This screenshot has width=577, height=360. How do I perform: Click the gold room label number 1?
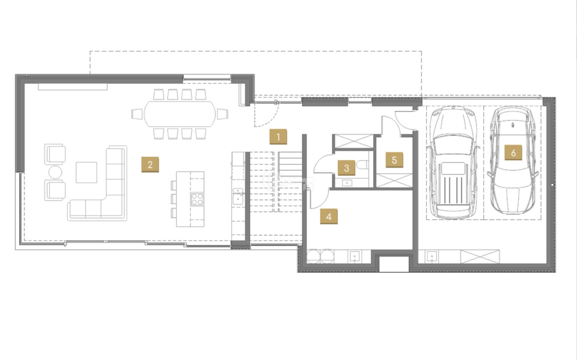pos(278,137)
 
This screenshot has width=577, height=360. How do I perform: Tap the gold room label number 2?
pos(150,164)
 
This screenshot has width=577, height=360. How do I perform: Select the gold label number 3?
pos(346,168)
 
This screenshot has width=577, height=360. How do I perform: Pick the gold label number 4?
pos(329,216)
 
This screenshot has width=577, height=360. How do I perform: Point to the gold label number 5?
pos(394,160)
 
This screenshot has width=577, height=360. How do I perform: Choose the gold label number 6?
pos(513,153)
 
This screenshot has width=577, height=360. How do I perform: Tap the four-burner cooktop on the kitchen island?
pos(197,199)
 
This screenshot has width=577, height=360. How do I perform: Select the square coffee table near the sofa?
pos(86,172)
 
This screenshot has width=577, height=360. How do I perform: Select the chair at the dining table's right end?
pos(222,114)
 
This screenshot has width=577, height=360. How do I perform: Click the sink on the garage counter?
pos(432,256)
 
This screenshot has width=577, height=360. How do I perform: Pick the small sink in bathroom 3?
pos(347,183)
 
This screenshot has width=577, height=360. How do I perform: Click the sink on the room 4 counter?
pos(355,256)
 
